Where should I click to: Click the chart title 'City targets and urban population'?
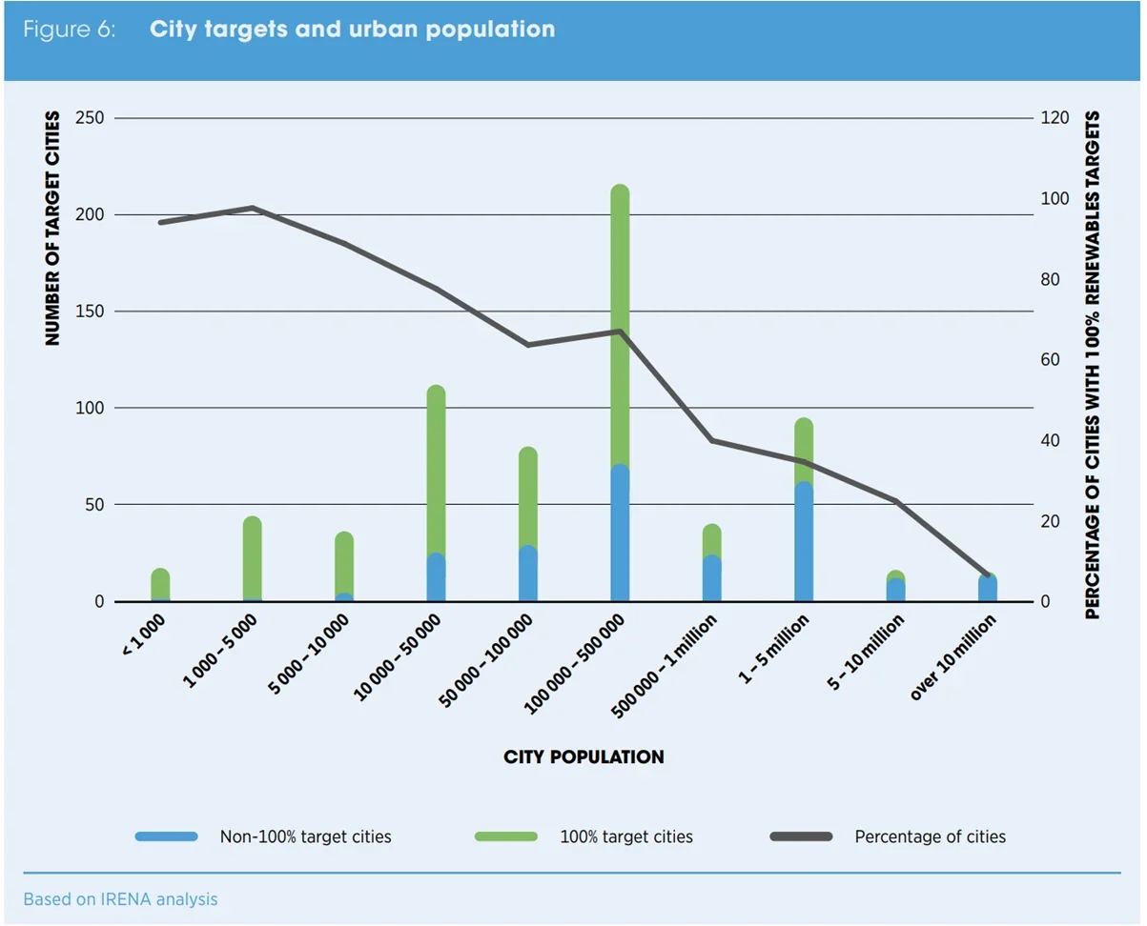click(352, 30)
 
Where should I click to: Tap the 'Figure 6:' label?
click(70, 30)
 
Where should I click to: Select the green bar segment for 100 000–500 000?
click(620, 324)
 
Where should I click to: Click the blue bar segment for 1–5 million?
click(804, 543)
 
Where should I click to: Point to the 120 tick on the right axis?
click(1055, 118)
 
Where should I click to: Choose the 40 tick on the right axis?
click(1051, 441)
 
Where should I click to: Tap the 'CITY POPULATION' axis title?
click(584, 757)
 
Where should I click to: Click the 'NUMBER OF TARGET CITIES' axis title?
click(53, 229)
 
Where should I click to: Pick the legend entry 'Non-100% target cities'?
click(305, 837)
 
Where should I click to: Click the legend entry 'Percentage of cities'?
click(930, 837)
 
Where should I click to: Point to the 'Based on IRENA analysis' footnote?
click(121, 899)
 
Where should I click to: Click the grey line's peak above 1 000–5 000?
click(253, 208)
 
